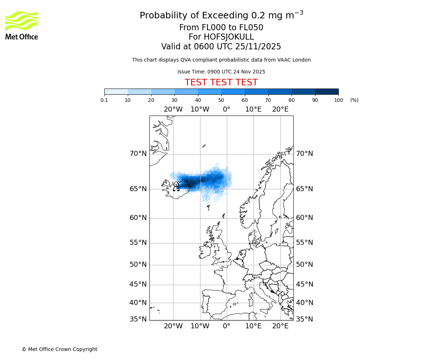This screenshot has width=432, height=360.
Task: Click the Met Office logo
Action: click(22, 25)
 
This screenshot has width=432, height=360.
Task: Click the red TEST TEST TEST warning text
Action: click(221, 82)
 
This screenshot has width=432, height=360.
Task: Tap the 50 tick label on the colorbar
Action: click(221, 100)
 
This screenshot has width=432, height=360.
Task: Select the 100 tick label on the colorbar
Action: click(338, 100)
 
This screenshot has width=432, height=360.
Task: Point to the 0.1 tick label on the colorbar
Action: click(104, 100)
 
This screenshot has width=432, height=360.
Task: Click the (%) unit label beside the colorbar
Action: click(354, 100)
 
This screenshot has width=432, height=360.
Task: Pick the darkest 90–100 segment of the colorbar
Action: click(327, 91)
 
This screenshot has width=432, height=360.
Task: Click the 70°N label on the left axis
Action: click(138, 154)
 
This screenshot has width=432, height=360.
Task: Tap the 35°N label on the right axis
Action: click(304, 319)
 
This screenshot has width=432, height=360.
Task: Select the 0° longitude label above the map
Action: click(226, 109)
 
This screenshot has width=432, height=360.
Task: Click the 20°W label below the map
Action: click(173, 326)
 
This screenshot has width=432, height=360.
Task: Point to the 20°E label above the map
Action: click(280, 109)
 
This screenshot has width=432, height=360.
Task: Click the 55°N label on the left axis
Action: click(138, 243)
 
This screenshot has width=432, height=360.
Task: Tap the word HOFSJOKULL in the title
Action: click(229, 37)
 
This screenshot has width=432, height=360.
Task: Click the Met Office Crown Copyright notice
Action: click(59, 349)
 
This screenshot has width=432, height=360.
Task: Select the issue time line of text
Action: click(221, 72)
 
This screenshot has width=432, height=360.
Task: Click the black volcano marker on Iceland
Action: click(176, 188)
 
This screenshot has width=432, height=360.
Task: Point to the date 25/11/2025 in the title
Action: click(258, 47)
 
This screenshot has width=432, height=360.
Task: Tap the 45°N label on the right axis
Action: click(304, 284)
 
